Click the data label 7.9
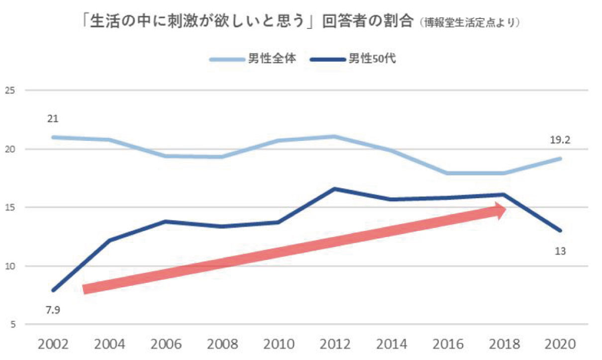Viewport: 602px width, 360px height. click(x=53, y=310)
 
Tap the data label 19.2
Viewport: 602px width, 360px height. click(x=560, y=140)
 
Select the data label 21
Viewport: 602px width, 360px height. click(x=53, y=120)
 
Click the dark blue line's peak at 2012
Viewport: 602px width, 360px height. click(x=335, y=189)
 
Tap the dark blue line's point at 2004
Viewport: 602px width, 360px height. click(x=109, y=240)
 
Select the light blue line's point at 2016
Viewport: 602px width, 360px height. click(x=448, y=173)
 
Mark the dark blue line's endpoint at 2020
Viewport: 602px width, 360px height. click(x=560, y=231)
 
